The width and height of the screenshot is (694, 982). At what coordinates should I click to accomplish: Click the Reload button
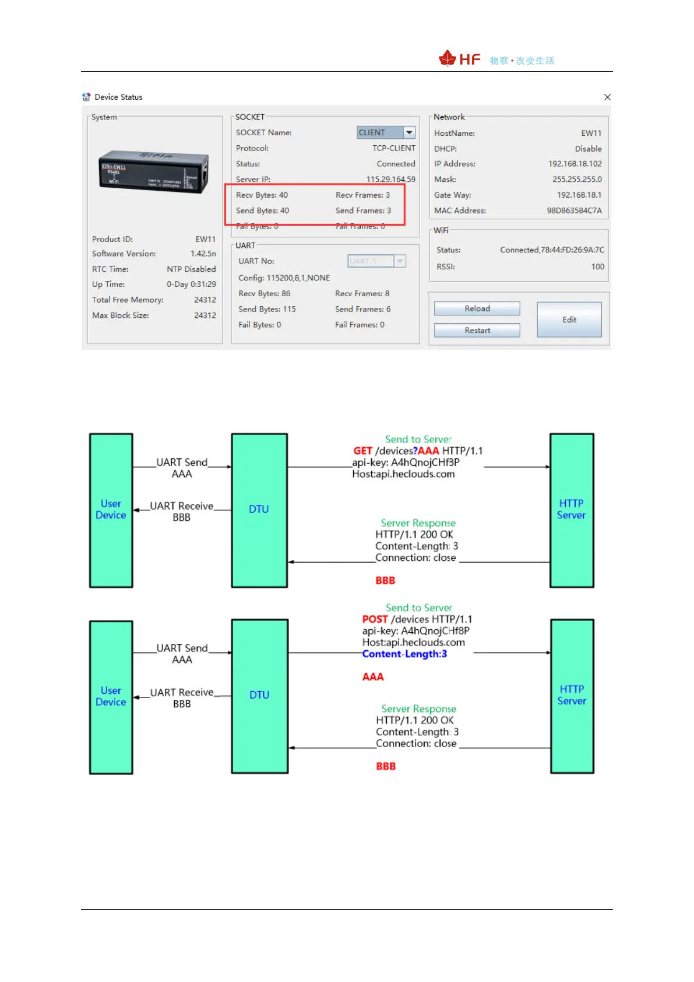[x=477, y=308]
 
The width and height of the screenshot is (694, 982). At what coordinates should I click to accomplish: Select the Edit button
[x=569, y=320]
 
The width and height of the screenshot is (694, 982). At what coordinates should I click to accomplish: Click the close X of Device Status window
[x=607, y=97]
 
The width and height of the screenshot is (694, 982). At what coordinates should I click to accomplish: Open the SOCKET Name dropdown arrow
[x=410, y=133]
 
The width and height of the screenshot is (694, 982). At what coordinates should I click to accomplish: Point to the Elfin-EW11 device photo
[x=154, y=172]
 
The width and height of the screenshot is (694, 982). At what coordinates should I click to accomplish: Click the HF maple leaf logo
[x=448, y=58]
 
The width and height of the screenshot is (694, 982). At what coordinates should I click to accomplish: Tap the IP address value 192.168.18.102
[x=575, y=164]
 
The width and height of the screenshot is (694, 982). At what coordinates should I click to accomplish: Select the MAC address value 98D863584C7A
[x=574, y=211]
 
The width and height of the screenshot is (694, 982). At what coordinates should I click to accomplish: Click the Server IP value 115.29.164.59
[x=390, y=179]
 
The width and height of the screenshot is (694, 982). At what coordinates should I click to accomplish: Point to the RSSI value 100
[x=597, y=266]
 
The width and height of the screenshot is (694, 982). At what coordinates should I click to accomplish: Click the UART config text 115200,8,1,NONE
[x=298, y=278]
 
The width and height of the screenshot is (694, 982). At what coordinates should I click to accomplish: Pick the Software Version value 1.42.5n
[x=203, y=254]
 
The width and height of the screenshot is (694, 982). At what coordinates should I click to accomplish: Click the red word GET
[x=362, y=451]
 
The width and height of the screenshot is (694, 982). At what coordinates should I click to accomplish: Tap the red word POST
[x=375, y=619]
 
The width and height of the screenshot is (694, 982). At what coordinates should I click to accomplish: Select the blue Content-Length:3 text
[x=404, y=654]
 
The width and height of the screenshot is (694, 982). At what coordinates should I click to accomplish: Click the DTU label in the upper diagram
[x=259, y=509]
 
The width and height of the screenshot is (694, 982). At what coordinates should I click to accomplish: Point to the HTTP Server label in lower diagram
[x=572, y=695]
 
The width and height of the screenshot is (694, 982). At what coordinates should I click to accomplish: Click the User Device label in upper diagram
[x=111, y=509]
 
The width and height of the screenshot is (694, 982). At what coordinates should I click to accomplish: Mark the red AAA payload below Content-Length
[x=373, y=677]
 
